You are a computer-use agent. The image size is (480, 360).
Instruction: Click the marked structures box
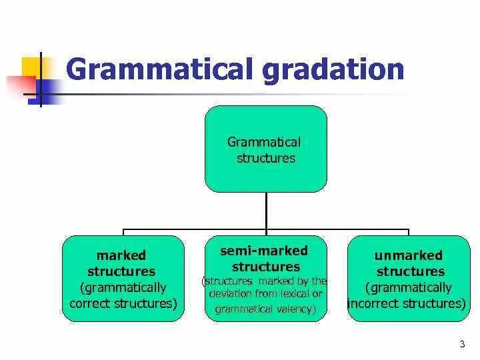tap(123, 279)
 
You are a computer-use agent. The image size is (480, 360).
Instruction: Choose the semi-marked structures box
tap(265, 279)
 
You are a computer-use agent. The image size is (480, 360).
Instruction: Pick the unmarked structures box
tap(409, 279)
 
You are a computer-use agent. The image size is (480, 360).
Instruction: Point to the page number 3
tap(462, 344)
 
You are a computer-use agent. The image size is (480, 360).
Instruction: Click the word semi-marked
tap(264, 251)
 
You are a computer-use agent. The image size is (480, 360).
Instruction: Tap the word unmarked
tap(409, 255)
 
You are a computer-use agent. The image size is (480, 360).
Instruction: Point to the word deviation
tap(231, 294)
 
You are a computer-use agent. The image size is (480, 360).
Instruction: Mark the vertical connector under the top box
tap(265, 212)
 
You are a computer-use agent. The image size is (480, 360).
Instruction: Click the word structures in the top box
tap(265, 159)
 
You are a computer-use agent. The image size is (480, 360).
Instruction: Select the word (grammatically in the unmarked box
tap(409, 288)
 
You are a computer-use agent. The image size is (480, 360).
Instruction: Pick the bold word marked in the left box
tap(121, 255)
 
